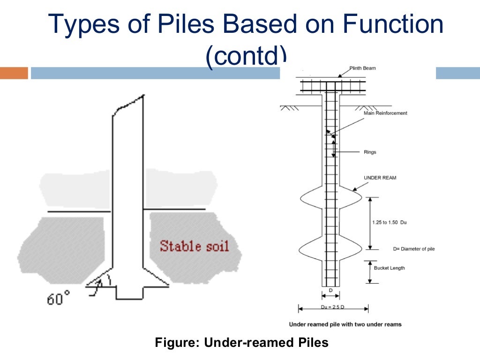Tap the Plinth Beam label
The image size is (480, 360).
362,68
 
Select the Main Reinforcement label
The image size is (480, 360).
385,113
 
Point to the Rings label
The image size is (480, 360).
370,152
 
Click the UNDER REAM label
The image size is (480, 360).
380,178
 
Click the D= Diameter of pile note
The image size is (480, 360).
413,248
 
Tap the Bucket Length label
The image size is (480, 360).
389,268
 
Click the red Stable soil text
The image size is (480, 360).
194,246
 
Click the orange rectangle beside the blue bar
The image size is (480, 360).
14,73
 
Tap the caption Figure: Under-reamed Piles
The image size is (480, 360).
241,343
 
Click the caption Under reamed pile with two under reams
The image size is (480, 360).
345,324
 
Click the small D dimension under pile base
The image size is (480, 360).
330,291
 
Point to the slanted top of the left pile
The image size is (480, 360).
129,104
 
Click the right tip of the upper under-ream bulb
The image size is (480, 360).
361,197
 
